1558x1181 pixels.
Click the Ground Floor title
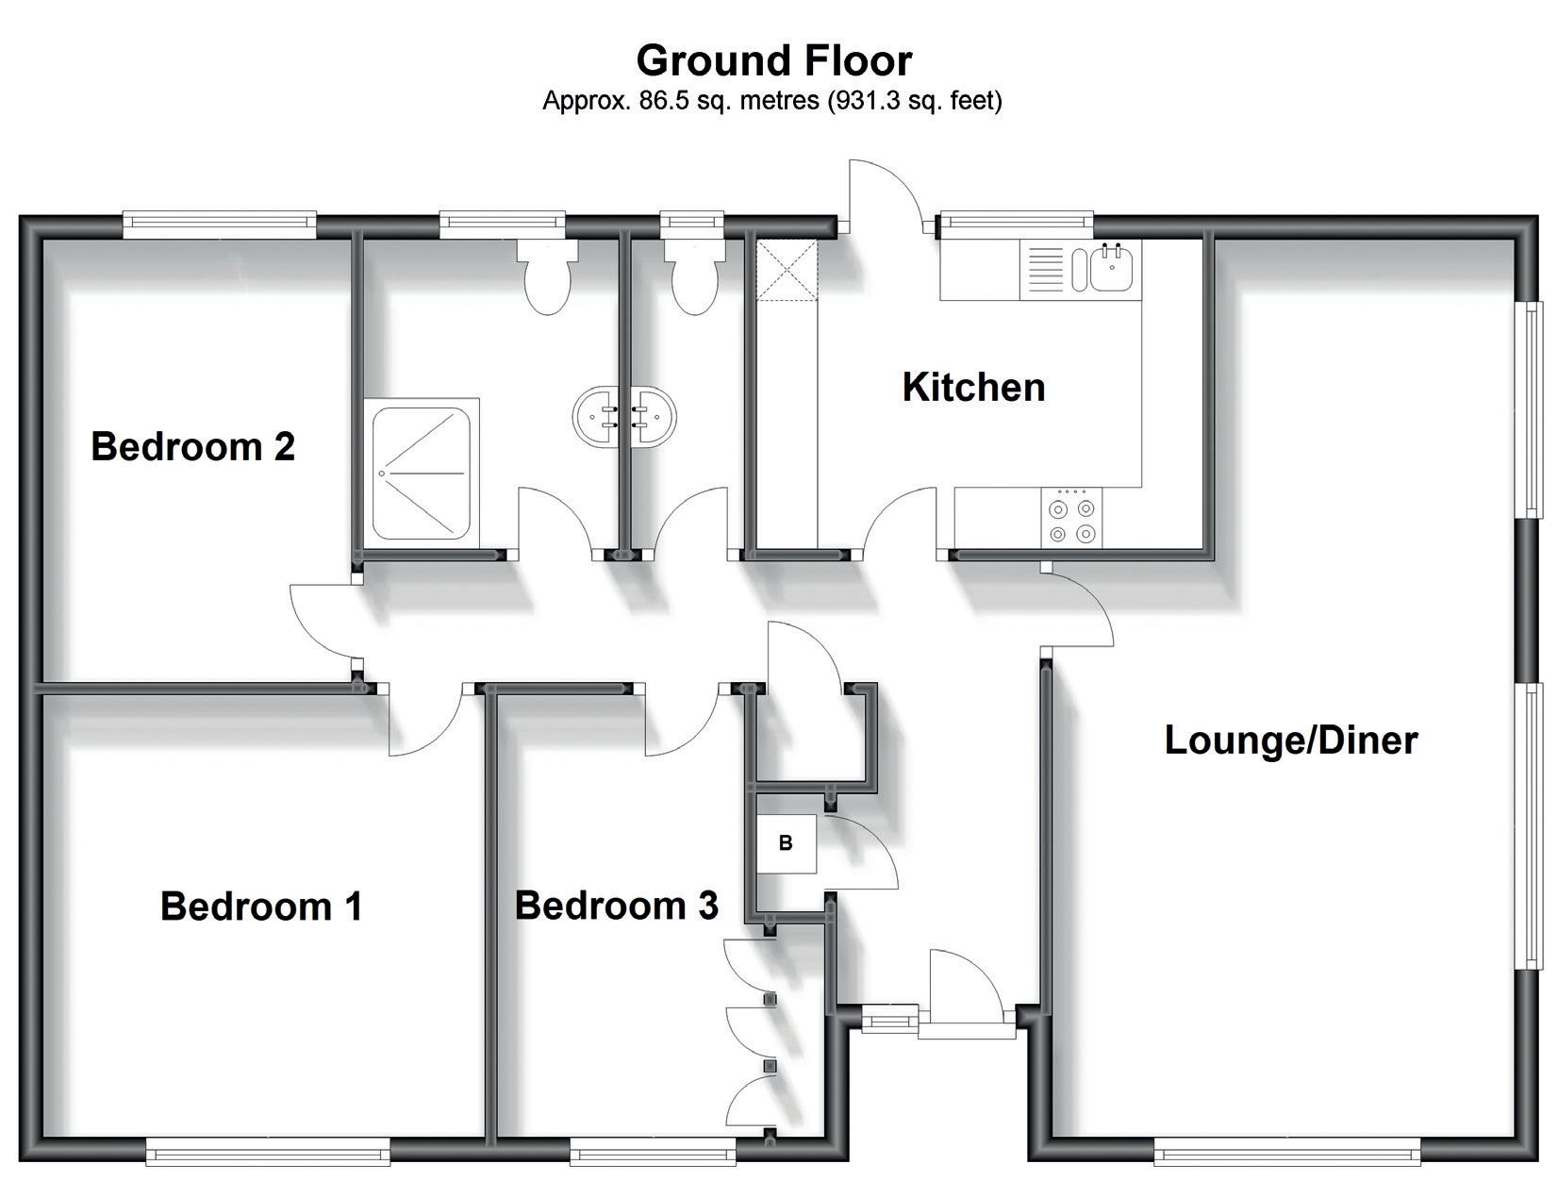[x=773, y=60]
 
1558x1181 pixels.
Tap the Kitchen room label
[x=973, y=388]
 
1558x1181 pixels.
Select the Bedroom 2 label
[x=192, y=446]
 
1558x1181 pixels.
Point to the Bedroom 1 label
[x=261, y=906]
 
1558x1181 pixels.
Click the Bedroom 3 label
[x=616, y=906]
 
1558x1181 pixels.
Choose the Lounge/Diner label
[x=1290, y=740]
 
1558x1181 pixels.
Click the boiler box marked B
[x=786, y=843]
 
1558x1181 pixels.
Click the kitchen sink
[x=1110, y=269]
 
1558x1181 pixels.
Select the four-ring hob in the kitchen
[x=1071, y=518]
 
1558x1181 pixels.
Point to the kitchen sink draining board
[x=1044, y=269]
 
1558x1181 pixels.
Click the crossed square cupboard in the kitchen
[x=787, y=270]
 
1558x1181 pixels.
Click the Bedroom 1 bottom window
[x=268, y=1149]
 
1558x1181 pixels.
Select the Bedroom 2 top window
[x=220, y=223]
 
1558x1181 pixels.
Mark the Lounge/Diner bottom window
[x=1286, y=1149]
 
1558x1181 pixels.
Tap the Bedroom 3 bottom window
[x=653, y=1149]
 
